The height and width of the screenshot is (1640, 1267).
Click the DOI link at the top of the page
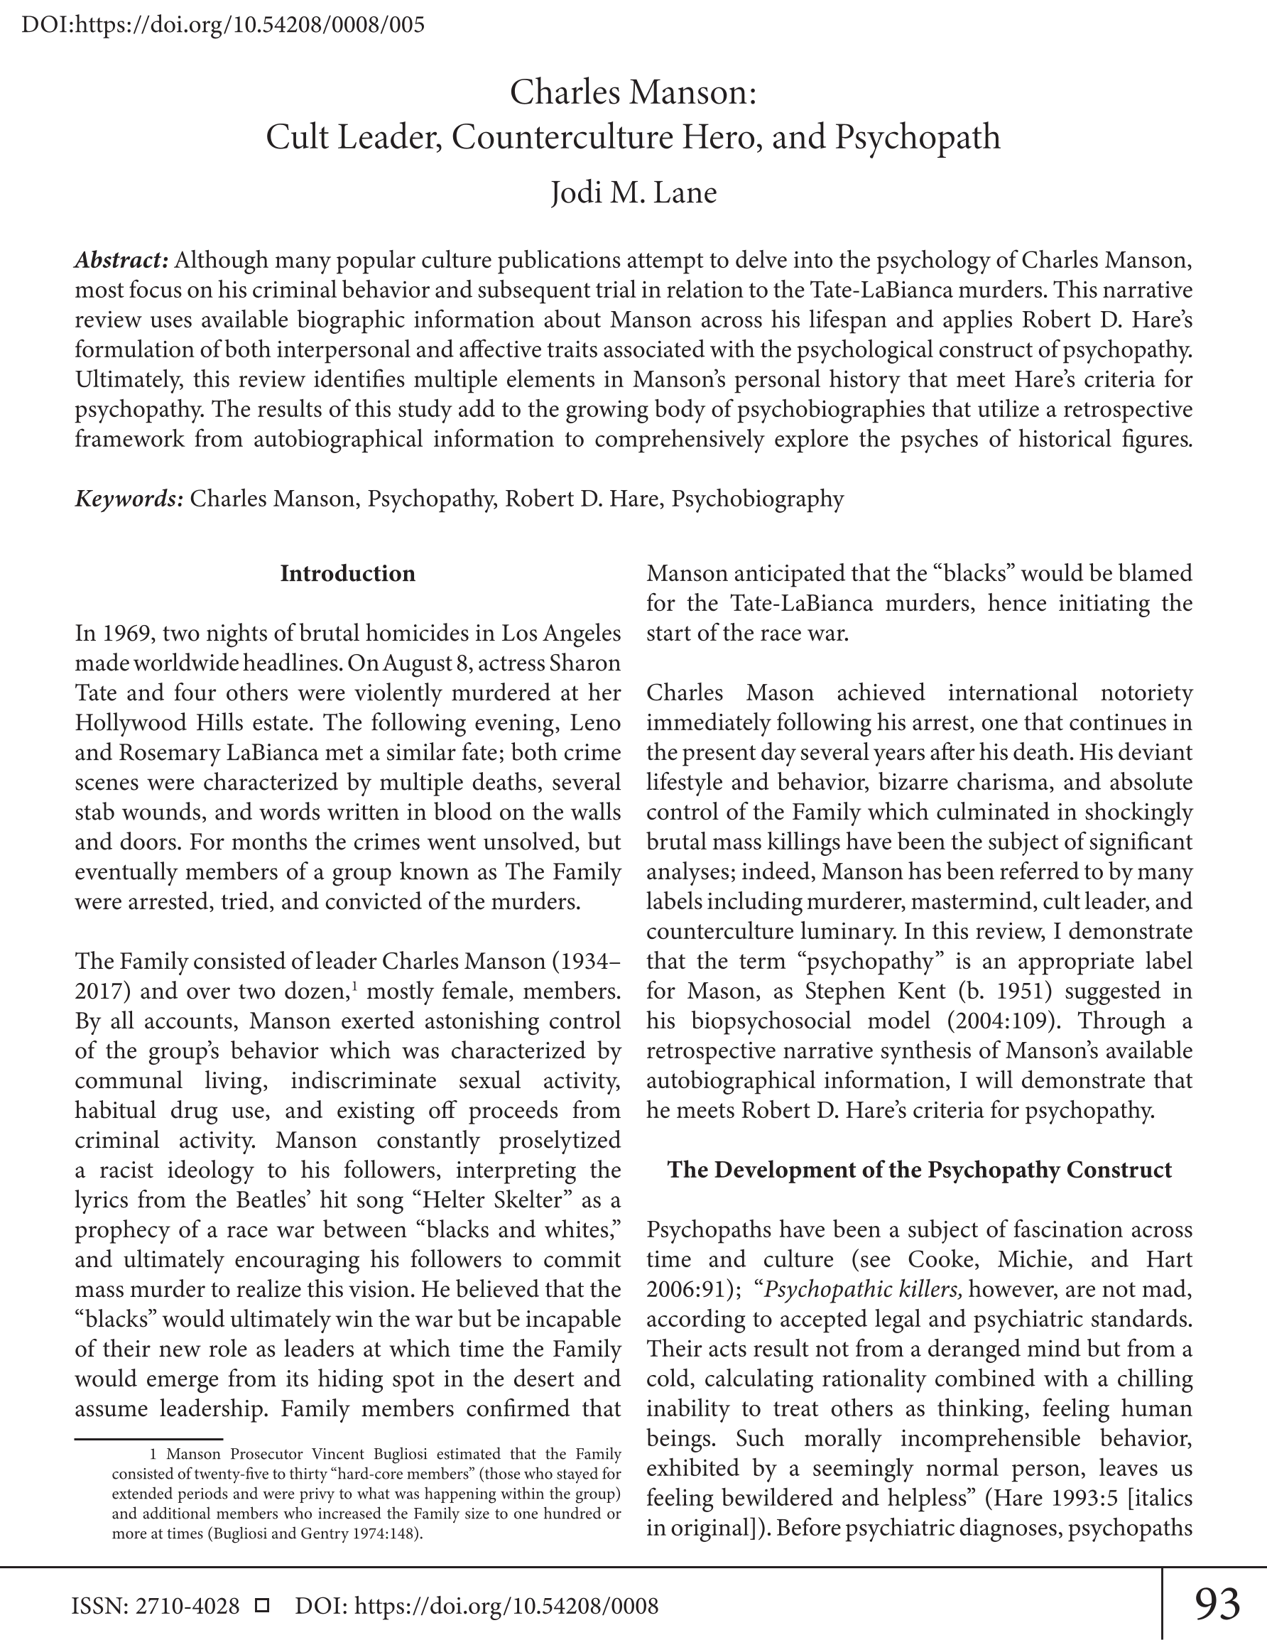coord(223,25)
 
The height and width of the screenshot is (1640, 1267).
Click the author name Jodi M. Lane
coord(633,193)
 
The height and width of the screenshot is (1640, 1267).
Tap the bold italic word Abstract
coord(121,261)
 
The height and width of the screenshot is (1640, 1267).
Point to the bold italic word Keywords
coord(129,499)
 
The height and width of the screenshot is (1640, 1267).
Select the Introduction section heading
coord(347,574)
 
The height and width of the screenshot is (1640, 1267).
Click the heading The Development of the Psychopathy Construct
coord(919,1170)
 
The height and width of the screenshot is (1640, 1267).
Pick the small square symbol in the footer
coord(262,1605)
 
